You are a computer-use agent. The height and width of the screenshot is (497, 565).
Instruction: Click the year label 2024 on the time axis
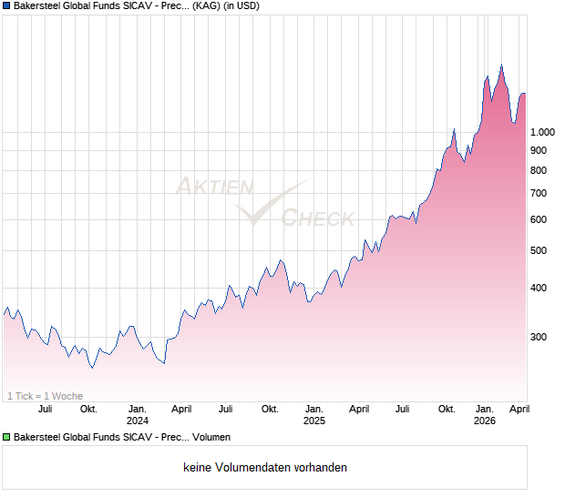[138, 421]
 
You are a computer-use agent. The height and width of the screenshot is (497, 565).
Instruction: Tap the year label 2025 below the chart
[313, 421]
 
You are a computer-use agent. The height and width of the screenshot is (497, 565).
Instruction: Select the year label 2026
[485, 421]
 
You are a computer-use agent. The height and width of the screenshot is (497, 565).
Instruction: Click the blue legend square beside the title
[6, 6]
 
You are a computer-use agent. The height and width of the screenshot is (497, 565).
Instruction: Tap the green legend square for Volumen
[6, 437]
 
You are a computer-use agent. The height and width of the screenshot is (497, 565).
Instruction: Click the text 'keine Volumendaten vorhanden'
[265, 468]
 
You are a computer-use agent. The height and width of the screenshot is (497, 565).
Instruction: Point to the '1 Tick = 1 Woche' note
[45, 396]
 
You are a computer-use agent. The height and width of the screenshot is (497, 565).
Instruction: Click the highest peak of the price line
[501, 65]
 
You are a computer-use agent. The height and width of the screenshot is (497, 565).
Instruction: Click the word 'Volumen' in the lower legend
[211, 437]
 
